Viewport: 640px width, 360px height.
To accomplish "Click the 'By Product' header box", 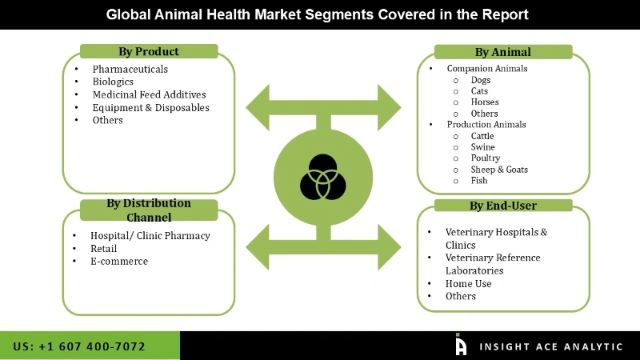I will click(149, 52).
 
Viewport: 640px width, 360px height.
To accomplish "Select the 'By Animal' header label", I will click(502, 52).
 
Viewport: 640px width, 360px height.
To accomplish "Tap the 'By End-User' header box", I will click(502, 206).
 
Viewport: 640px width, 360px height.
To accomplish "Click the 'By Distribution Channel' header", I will click(149, 210).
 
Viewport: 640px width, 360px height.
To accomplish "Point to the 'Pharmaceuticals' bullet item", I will click(130, 70).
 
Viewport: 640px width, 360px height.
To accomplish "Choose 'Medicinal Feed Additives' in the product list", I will click(149, 94).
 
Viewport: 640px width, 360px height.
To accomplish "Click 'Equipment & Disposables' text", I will click(150, 107).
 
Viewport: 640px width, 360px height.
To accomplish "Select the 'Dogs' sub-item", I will click(481, 80).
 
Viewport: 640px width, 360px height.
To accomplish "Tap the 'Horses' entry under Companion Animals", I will click(485, 102).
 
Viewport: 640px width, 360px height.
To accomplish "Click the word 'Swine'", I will click(483, 147).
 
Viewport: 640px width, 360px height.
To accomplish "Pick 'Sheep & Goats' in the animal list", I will click(499, 170).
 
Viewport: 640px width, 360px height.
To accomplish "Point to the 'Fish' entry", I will click(479, 181).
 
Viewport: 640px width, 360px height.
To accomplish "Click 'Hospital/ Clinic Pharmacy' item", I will click(150, 236).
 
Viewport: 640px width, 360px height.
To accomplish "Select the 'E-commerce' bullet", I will click(119, 262).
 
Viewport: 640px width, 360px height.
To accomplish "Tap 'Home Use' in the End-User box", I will click(468, 283).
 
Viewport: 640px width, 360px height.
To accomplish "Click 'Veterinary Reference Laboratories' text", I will click(493, 264).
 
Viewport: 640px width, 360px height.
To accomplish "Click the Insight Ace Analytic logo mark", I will click(461, 345).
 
